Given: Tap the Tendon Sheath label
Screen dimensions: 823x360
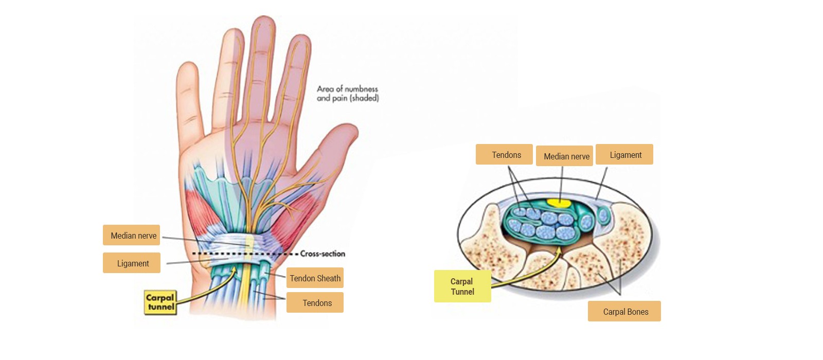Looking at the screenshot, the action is point(315,278).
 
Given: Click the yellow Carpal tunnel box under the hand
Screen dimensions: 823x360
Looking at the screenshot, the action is point(160,302).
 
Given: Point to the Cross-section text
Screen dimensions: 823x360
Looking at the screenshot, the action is point(323,254).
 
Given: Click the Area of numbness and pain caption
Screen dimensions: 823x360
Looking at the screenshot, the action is point(348,93).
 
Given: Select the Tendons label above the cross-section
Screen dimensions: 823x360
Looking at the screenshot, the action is point(504,154).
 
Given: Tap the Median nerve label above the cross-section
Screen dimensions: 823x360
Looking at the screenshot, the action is point(564,156).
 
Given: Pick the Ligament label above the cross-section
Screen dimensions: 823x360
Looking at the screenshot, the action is point(624,154).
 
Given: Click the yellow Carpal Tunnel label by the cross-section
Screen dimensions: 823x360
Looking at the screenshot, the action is point(462,286).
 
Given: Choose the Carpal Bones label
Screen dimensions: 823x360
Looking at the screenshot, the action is point(624,311).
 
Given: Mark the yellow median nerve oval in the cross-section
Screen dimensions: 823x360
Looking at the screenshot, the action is point(559,203).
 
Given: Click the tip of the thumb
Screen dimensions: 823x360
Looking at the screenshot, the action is point(351,127).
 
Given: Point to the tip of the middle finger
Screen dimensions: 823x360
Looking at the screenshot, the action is point(263,16).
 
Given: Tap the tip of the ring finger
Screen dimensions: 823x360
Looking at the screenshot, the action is point(234,29).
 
